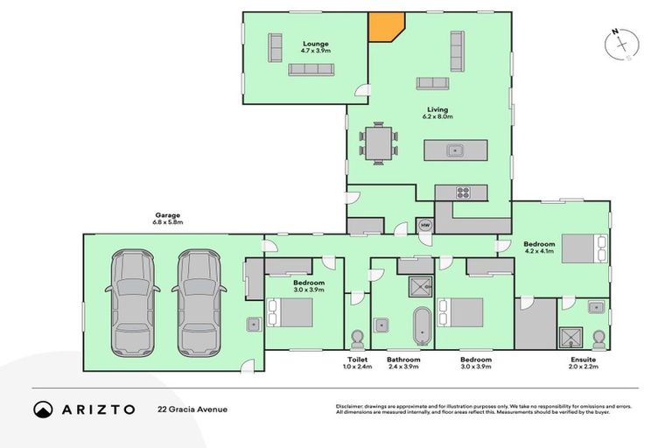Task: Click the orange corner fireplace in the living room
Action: [383, 26]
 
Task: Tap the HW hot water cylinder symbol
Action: [425, 226]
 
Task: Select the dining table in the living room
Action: [379, 143]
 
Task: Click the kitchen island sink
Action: [454, 150]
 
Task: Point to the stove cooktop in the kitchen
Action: [463, 192]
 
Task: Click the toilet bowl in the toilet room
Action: [357, 339]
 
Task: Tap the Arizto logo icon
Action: [43, 409]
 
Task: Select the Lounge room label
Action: [315, 43]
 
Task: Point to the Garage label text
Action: [168, 215]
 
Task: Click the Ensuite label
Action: [583, 359]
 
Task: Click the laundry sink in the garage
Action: [252, 325]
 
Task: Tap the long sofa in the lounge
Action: [311, 69]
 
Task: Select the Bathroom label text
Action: [403, 359]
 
